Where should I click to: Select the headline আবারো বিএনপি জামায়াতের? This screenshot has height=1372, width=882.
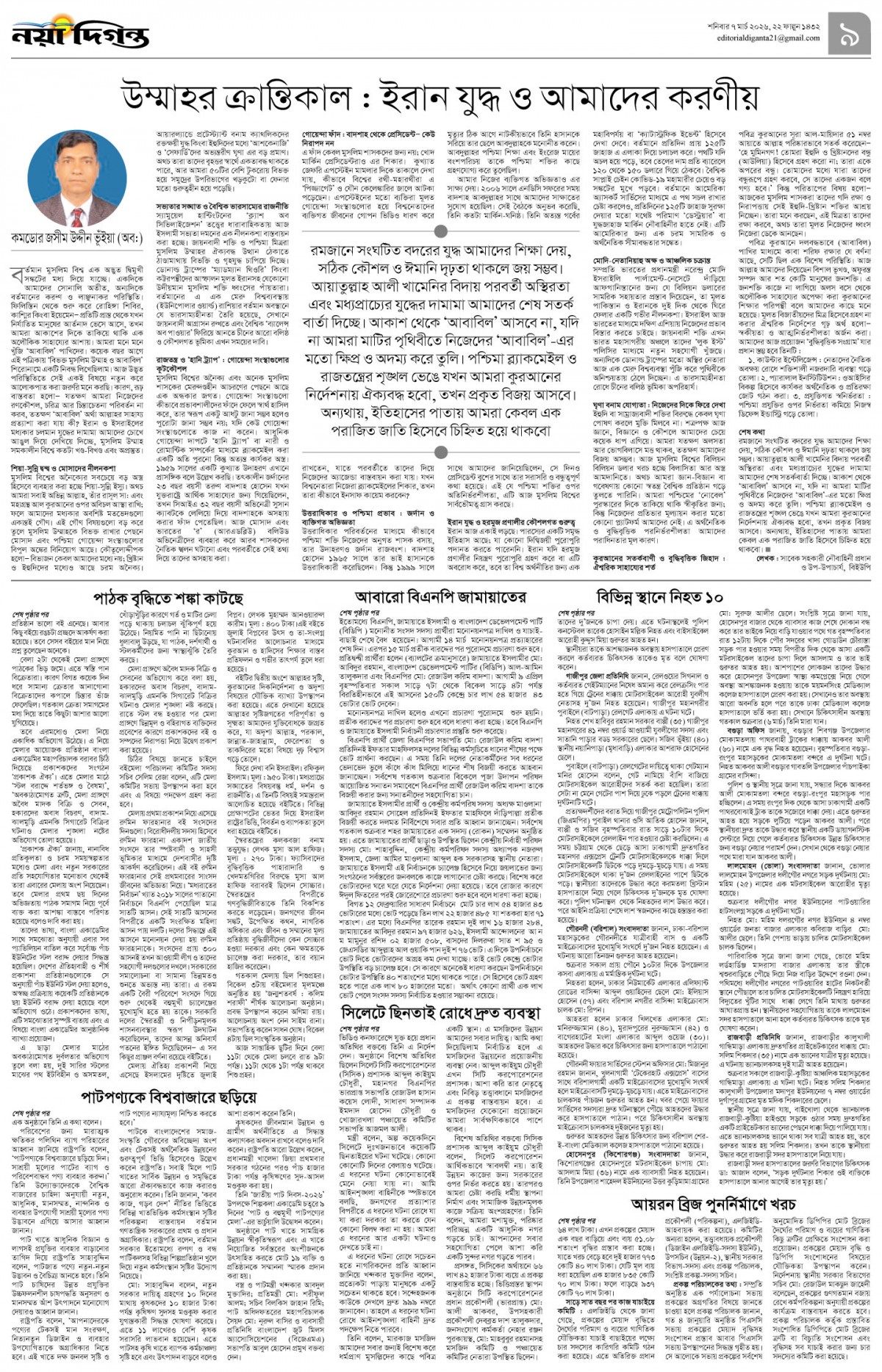pyautogui.click(x=440, y=596)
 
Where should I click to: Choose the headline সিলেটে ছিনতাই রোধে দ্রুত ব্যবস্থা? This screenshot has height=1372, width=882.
pyautogui.click(x=440, y=1014)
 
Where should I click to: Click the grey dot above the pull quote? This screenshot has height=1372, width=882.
pyautogui.click(x=441, y=233)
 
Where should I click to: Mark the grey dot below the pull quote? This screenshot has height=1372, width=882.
pyautogui.click(x=441, y=452)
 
